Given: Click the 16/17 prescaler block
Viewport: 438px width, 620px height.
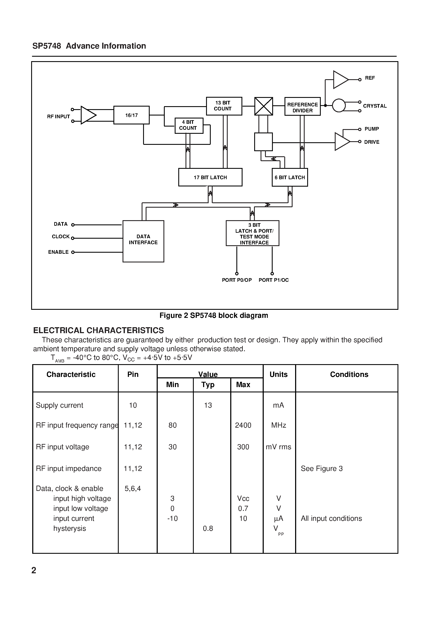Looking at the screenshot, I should click(131, 115).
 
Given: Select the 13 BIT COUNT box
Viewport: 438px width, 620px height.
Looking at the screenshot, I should click(224, 106).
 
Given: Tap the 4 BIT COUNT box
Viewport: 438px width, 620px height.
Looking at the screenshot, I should click(189, 125).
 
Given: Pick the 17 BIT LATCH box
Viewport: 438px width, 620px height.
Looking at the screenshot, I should click(210, 178).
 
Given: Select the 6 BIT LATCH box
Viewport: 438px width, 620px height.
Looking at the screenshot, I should click(290, 178).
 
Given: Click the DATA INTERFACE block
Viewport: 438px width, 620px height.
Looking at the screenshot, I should click(143, 241).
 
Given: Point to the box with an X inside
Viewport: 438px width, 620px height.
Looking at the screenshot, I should click(264, 106).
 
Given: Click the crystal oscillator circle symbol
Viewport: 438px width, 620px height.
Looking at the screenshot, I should click(339, 105).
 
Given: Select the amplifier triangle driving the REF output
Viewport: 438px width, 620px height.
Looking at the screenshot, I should click(340, 80).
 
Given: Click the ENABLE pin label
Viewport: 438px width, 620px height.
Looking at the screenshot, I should click(58, 252).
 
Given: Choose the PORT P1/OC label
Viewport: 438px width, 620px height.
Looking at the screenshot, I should click(273, 280).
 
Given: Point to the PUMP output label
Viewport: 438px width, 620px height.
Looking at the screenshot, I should click(371, 129).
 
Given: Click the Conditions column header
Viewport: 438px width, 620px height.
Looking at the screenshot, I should click(349, 374).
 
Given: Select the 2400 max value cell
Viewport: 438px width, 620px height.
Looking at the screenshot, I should click(243, 425).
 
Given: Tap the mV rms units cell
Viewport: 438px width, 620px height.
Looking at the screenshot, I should click(278, 447).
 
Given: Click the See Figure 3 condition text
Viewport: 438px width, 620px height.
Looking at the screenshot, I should click(321, 469).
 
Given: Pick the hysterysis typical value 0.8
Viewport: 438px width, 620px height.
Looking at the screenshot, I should click(208, 528).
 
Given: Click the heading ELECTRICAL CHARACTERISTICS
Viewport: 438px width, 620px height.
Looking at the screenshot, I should click(98, 330).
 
